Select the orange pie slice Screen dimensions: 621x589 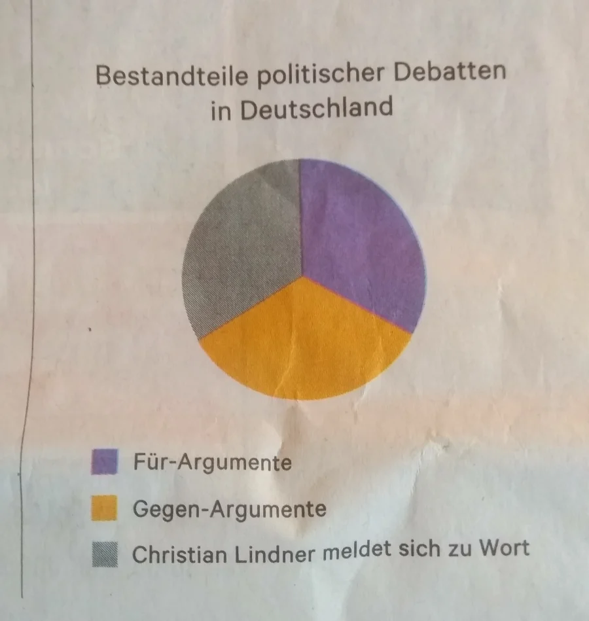tap(304, 344)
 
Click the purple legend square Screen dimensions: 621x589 tap(105, 462)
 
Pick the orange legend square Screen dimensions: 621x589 tap(105, 508)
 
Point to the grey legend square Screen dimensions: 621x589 tap(105, 555)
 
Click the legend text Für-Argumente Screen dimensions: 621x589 tap(212, 463)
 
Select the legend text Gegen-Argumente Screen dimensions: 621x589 tap(229, 509)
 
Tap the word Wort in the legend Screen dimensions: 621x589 tap(504, 547)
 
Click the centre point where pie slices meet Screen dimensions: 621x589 tap(302, 276)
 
